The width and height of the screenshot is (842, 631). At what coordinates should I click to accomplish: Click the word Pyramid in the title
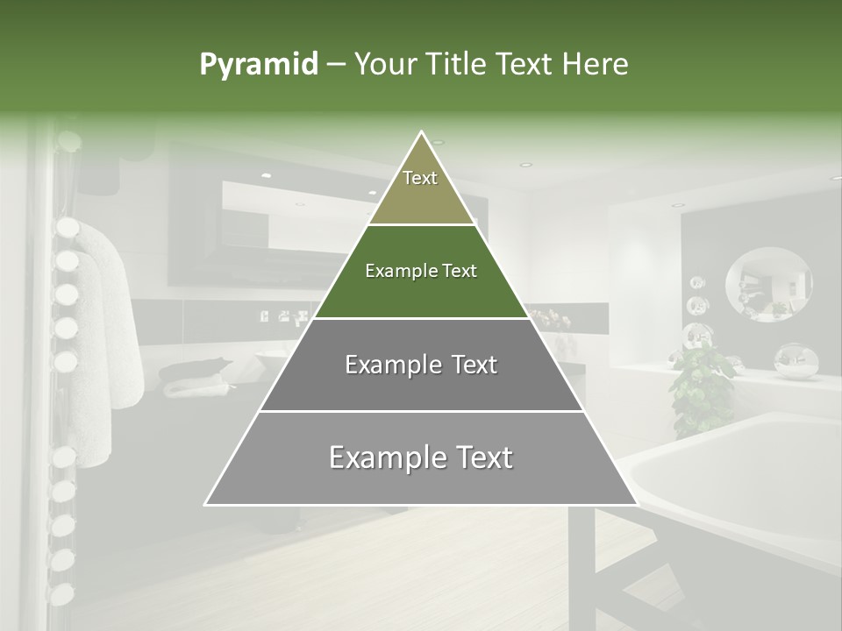click(x=258, y=65)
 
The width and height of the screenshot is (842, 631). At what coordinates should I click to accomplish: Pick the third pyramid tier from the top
click(x=421, y=365)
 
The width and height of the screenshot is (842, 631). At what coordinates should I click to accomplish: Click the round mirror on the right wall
click(x=768, y=283)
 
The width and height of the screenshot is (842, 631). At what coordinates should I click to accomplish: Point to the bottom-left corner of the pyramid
click(x=206, y=504)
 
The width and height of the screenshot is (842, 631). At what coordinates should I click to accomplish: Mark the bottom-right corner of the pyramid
click(x=636, y=504)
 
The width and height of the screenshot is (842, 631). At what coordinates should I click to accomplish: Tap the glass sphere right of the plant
click(x=794, y=361)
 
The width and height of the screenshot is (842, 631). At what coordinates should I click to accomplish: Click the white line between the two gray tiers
click(x=421, y=411)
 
